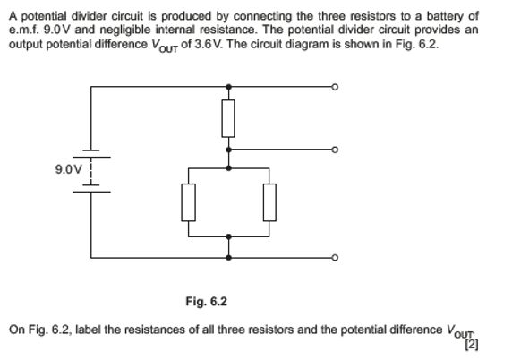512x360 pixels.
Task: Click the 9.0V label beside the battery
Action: pyautogui.click(x=67, y=169)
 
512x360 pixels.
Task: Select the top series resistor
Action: pyautogui.click(x=229, y=117)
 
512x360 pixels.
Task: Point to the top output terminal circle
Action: pyautogui.click(x=335, y=87)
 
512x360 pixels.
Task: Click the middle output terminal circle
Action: pyautogui.click(x=335, y=150)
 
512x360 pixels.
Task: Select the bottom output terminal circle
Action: pyautogui.click(x=335, y=258)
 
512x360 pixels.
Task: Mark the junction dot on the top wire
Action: pyautogui.click(x=229, y=87)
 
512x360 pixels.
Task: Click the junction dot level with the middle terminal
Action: pyautogui.click(x=229, y=150)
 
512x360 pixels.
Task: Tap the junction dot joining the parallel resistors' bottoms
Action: pyautogui.click(x=229, y=237)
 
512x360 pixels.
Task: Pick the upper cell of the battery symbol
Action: pyautogui.click(x=91, y=151)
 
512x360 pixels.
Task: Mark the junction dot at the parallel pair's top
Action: pyautogui.click(x=229, y=167)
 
